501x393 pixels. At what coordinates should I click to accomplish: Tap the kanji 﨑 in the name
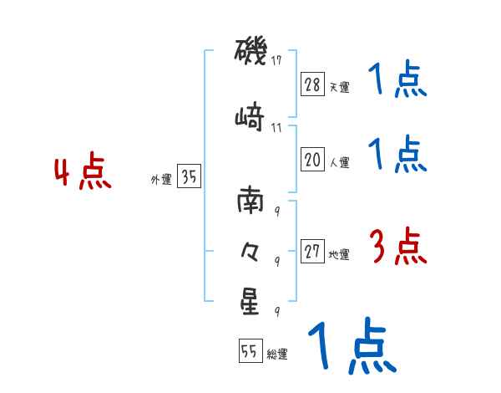click(x=250, y=117)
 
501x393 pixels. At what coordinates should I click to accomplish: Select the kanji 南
click(x=250, y=202)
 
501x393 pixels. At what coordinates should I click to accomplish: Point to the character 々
click(x=250, y=250)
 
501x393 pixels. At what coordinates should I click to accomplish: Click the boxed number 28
click(x=312, y=84)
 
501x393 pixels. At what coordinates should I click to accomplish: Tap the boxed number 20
click(x=312, y=160)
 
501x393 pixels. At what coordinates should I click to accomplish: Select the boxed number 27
click(x=312, y=253)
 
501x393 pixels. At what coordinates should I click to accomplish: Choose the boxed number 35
click(x=189, y=176)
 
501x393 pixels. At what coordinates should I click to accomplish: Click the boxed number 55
click(x=250, y=352)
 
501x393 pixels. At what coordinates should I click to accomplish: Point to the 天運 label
click(x=339, y=87)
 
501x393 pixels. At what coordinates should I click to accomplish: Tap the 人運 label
click(x=339, y=162)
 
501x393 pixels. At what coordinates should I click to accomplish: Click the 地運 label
click(x=339, y=255)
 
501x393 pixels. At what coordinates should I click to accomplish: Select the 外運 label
click(x=160, y=179)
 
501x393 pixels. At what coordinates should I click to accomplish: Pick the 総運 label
click(x=276, y=355)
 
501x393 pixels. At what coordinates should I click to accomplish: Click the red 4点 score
click(x=82, y=174)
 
